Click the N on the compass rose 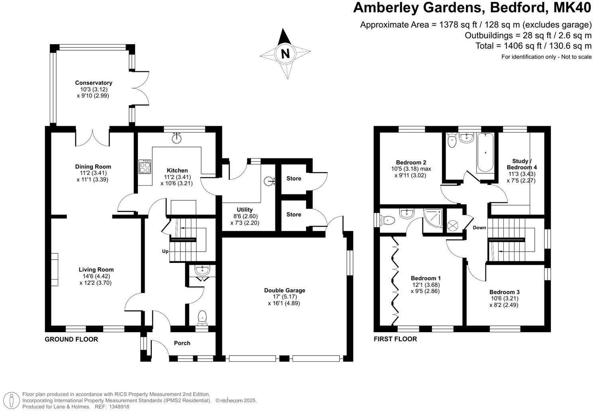[285, 54]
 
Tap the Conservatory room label [93, 83]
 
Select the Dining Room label [93, 166]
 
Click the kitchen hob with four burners [145, 166]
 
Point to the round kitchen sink [177, 138]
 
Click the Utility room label [245, 210]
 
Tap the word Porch [182, 343]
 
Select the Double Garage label [285, 290]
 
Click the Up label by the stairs [165, 251]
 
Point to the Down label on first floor [479, 228]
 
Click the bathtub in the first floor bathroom [485, 153]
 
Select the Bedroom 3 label [504, 292]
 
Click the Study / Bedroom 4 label [522, 164]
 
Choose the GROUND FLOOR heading [71, 339]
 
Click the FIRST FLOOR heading [395, 339]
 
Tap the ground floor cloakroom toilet [202, 318]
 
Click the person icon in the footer [12, 400]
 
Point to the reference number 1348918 [119, 407]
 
